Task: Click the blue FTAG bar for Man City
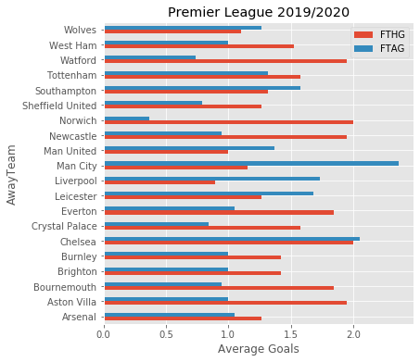[251, 163]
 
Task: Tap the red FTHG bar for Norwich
[229, 121]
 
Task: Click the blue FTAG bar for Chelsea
[232, 238]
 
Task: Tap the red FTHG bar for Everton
[219, 212]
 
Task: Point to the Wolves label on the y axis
[81, 30]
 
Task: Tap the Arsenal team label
[78, 316]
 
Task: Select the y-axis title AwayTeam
[12, 173]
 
